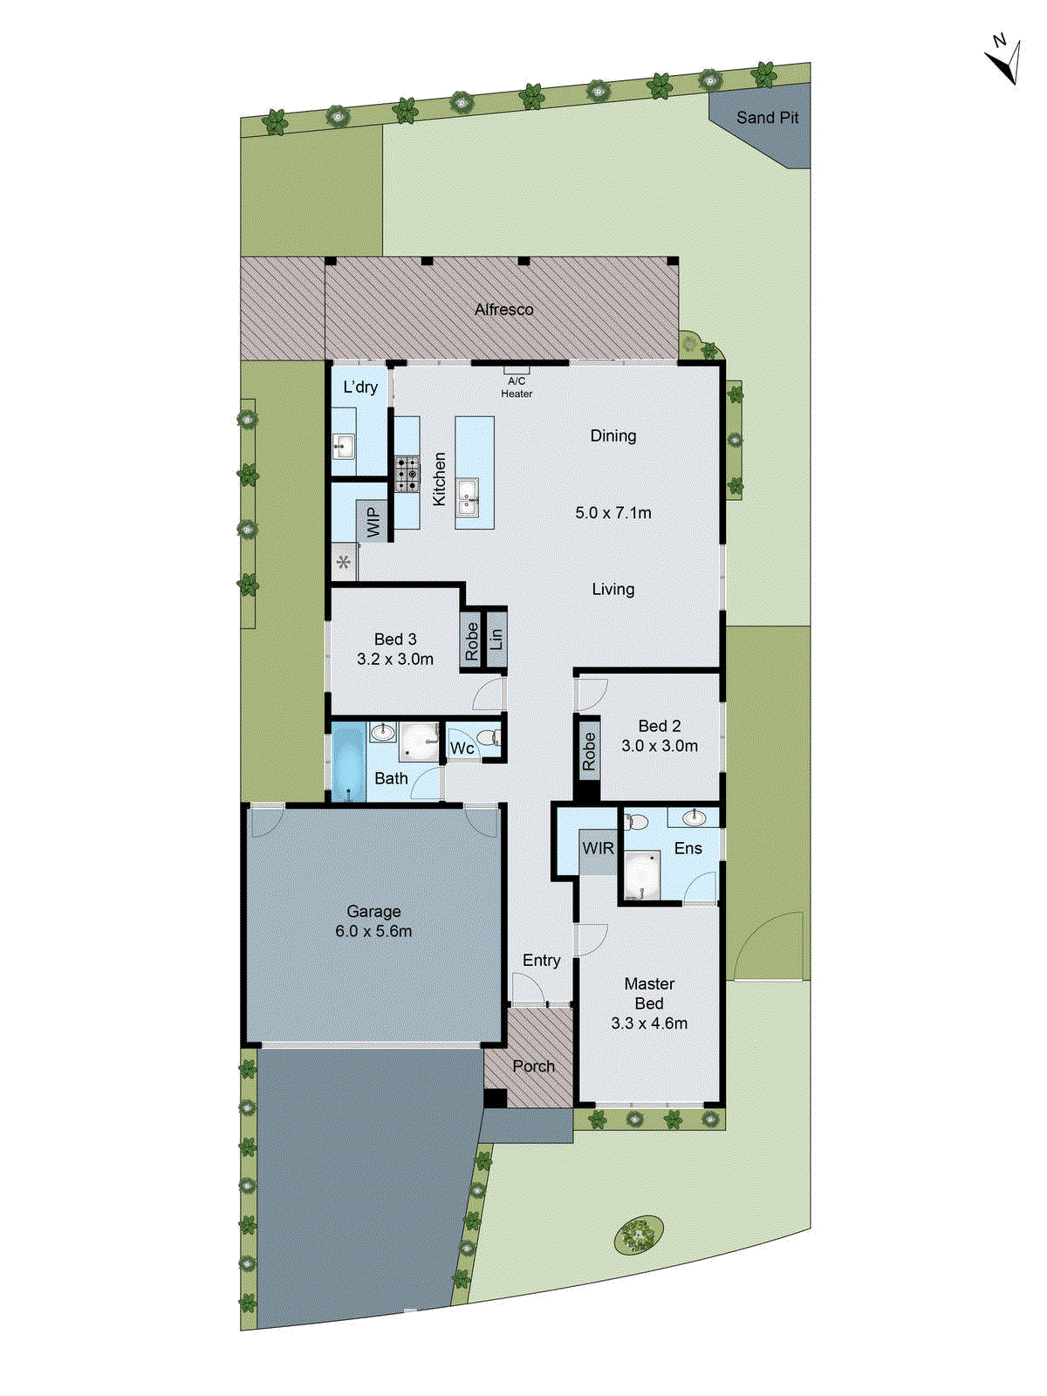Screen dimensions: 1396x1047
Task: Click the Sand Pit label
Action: pyautogui.click(x=767, y=118)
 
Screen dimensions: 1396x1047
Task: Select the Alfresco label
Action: pyautogui.click(x=503, y=310)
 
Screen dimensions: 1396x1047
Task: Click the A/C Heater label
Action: pyautogui.click(x=517, y=387)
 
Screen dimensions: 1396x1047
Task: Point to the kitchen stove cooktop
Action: pyautogui.click(x=406, y=475)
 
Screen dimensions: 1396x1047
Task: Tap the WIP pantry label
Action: pyautogui.click(x=373, y=522)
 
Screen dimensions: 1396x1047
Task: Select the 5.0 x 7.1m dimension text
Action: pyautogui.click(x=612, y=513)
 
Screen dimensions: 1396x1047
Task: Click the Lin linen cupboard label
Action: pyautogui.click(x=496, y=639)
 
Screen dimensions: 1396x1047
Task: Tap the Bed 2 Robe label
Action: pyautogui.click(x=589, y=751)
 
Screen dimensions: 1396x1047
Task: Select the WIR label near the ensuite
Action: pyautogui.click(x=598, y=848)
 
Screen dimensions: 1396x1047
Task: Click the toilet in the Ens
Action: pyautogui.click(x=636, y=821)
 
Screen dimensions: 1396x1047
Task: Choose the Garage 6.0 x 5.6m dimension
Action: pyautogui.click(x=373, y=932)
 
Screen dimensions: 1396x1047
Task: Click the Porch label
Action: pyautogui.click(x=533, y=1066)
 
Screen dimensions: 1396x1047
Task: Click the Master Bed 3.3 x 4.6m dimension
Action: pyautogui.click(x=649, y=1023)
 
